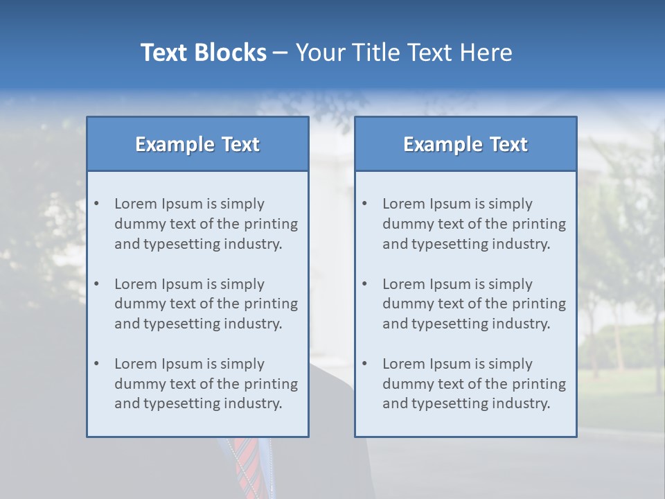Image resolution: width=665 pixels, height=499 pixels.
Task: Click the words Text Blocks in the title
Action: click(x=203, y=53)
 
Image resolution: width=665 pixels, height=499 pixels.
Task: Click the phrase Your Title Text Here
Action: click(x=404, y=53)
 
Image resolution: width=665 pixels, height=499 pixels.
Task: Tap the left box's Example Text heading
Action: click(x=197, y=144)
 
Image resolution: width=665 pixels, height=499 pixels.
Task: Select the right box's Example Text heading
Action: click(x=465, y=144)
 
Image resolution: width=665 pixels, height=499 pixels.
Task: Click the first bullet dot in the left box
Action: click(x=97, y=204)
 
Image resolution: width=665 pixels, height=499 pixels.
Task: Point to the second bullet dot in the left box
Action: click(x=97, y=284)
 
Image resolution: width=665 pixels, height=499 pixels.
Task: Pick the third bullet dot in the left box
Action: click(x=97, y=364)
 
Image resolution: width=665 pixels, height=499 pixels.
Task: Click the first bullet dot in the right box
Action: click(x=365, y=204)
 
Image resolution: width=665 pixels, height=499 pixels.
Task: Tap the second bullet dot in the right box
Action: click(x=365, y=284)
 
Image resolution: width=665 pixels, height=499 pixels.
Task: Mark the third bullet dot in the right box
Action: click(x=365, y=364)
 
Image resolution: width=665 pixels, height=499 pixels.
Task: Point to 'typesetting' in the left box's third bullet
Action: click(x=177, y=403)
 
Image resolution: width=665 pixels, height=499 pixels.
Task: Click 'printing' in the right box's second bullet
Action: click(x=540, y=304)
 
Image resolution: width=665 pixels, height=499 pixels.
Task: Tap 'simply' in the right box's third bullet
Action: click(x=511, y=364)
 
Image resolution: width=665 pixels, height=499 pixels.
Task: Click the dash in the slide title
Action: click(x=281, y=53)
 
